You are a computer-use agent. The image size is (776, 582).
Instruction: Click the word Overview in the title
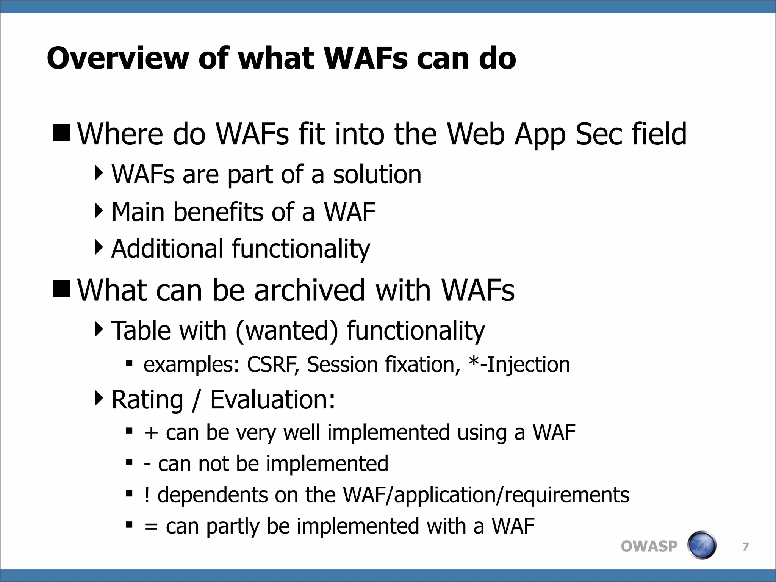(117, 59)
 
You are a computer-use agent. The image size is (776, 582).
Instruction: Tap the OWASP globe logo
(702, 545)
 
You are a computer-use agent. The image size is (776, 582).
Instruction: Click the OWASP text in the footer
(649, 546)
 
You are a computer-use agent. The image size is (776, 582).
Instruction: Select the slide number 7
(745, 546)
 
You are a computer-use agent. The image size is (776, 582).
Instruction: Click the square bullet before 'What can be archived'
(62, 289)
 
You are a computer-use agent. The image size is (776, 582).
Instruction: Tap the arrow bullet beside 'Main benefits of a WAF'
(99, 211)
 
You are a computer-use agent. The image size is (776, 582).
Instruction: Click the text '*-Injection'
(519, 365)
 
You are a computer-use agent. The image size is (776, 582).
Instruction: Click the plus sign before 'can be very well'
(151, 433)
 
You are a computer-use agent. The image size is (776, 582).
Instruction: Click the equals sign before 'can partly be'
(151, 527)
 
